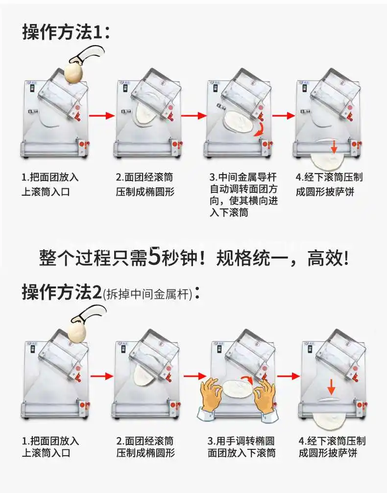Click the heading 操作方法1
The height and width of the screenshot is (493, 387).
(66, 31)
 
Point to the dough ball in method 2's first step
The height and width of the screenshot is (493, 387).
(78, 329)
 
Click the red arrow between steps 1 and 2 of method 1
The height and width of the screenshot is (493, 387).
(102, 116)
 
